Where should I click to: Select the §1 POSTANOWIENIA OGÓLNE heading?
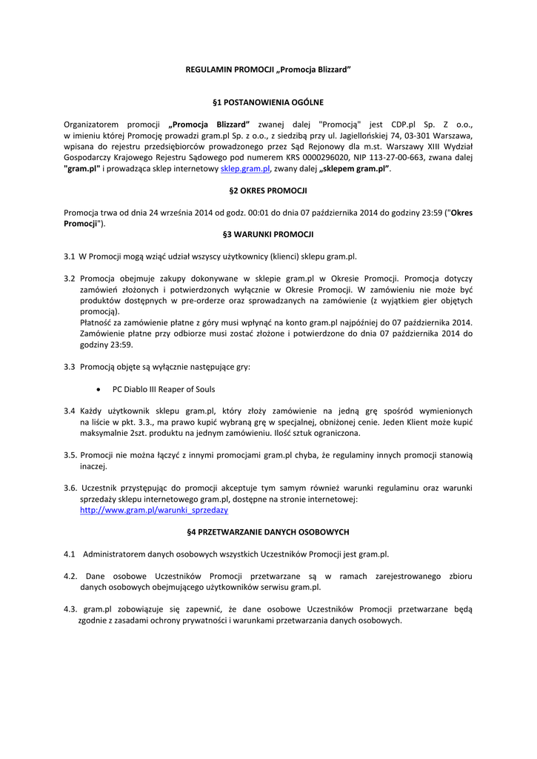click(268, 102)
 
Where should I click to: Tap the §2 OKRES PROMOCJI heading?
click(268, 190)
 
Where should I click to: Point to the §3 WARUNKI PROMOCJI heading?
click(268, 234)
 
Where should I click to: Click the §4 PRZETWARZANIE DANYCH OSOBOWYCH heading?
click(268, 532)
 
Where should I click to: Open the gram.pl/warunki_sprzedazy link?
click(154, 511)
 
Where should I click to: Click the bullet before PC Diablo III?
click(99, 388)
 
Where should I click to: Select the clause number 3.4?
click(70, 411)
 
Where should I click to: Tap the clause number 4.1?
click(70, 554)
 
